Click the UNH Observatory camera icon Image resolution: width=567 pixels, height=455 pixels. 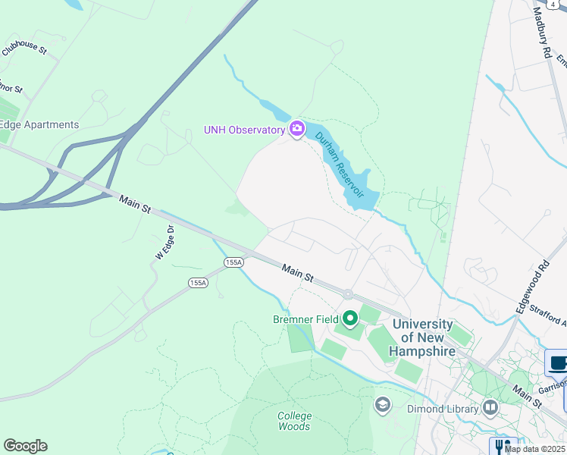(x=296, y=129)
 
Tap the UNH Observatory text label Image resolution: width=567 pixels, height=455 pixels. (x=243, y=130)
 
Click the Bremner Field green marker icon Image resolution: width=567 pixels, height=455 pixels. (x=349, y=318)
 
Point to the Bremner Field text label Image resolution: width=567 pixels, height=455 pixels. (x=305, y=319)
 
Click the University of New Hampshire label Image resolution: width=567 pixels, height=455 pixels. (x=422, y=338)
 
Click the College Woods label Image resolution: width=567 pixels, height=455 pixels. (x=294, y=421)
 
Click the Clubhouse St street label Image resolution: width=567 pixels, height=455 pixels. (x=24, y=50)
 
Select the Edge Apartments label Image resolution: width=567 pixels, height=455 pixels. (x=39, y=125)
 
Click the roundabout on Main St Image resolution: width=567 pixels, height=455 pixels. (x=348, y=294)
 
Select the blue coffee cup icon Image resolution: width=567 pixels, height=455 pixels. (x=559, y=362)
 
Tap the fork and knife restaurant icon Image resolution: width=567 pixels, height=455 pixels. (x=502, y=446)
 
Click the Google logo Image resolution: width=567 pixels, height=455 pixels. (x=25, y=446)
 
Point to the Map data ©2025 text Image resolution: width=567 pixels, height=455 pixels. (x=535, y=449)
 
